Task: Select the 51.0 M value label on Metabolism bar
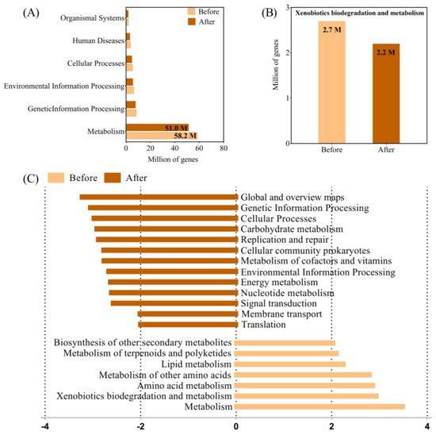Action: (x=175, y=127)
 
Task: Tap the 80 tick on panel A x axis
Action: (x=224, y=148)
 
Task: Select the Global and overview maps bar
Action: (x=158, y=197)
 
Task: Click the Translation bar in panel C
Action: (x=187, y=324)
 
